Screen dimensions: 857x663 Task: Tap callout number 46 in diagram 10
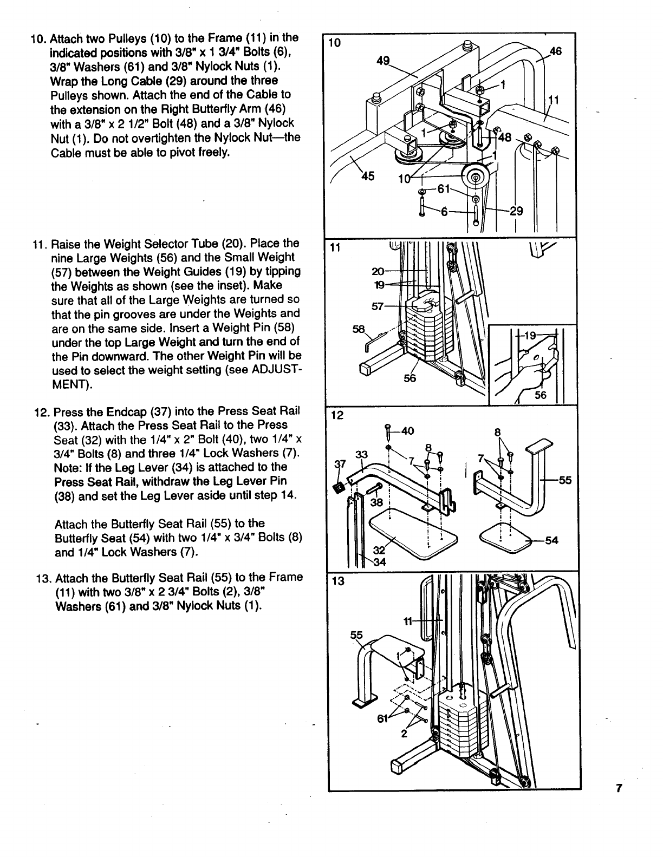point(555,51)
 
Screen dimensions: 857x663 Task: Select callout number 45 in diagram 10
point(368,177)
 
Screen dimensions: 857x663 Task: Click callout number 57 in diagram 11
point(378,307)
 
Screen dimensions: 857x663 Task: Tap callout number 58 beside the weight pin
point(359,330)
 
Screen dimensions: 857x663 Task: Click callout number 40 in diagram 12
point(407,431)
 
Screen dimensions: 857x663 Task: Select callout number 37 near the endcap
point(340,464)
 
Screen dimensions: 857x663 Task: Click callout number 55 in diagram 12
point(565,480)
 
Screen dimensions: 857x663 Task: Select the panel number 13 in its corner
point(337,581)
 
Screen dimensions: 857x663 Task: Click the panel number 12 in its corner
point(336,415)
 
